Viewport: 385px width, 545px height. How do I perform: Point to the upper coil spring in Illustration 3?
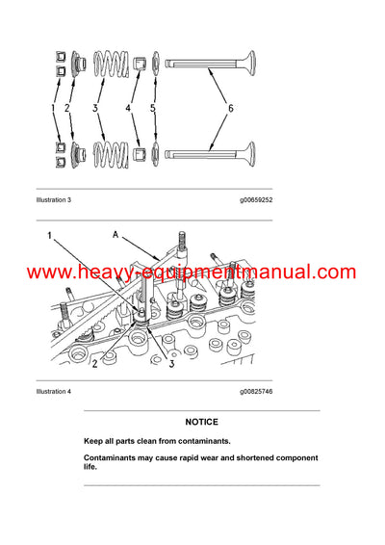coord(112,68)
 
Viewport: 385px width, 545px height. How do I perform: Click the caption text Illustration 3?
coord(54,199)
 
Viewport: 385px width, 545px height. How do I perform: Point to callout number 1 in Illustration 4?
coord(44,234)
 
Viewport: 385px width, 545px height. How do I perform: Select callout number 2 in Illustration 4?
coord(95,363)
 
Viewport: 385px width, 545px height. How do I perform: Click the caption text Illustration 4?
coord(54,392)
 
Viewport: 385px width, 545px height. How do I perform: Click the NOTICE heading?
coord(202,422)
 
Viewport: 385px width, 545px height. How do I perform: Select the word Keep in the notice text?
coord(93,441)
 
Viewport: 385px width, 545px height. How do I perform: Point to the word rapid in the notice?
coord(190,458)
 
